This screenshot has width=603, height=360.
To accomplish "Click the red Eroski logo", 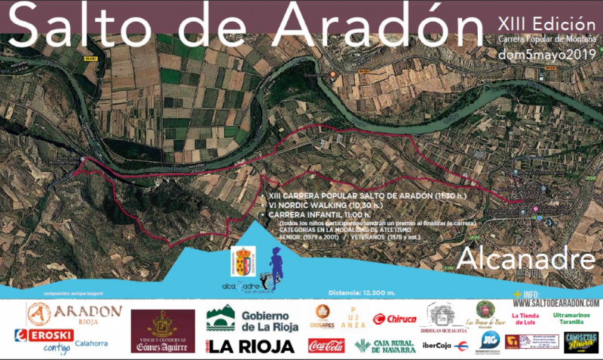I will click(x=44, y=335).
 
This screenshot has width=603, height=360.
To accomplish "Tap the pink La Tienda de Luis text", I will click(x=525, y=319).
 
